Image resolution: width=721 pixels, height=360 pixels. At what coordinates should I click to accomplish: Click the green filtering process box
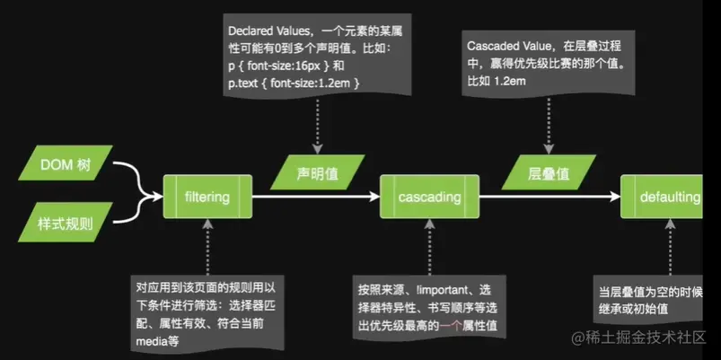pos(207,197)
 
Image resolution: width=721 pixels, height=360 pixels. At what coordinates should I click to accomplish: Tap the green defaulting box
pos(664,197)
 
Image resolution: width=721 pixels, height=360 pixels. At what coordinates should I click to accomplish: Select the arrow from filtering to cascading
pos(319,197)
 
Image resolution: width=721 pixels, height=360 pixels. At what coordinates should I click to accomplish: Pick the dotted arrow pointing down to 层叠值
pos(548,121)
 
